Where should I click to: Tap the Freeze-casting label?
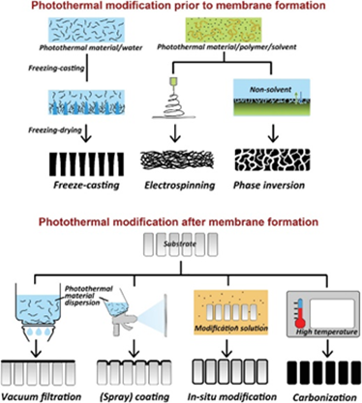click(x=86, y=186)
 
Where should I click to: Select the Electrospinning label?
click(x=179, y=186)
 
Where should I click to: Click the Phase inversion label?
click(x=269, y=186)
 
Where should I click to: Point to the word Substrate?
click(x=180, y=244)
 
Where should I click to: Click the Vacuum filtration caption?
click(x=41, y=396)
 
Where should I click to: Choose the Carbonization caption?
click(x=324, y=397)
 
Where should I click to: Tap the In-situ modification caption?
click(x=232, y=396)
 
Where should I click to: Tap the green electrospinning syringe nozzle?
click(x=174, y=82)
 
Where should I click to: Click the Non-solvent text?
click(x=270, y=90)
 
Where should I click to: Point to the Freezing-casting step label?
click(x=56, y=69)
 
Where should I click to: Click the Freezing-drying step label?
click(x=54, y=130)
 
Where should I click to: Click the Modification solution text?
click(x=231, y=329)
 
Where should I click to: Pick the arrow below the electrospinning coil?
click(x=175, y=132)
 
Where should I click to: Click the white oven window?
click(x=332, y=312)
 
